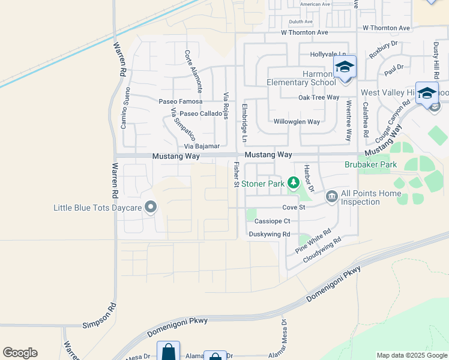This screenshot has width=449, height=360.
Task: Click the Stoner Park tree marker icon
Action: pos(294,183)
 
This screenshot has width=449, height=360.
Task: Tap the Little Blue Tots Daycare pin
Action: pos(151,208)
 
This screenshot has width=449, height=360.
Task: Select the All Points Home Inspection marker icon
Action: pos(331,196)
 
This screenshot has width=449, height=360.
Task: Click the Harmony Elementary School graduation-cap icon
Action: pos(345,67)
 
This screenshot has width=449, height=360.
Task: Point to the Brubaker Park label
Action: pos(371,164)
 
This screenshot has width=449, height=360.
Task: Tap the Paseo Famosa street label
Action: pos(180,102)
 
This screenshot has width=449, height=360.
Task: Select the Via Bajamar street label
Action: pos(202,146)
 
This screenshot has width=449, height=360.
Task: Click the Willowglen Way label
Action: pos(297,122)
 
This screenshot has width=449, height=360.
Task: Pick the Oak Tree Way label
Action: pos(319,97)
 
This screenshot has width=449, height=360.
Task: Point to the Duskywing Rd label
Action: pos(270,234)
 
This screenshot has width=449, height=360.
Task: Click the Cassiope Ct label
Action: pos(273,221)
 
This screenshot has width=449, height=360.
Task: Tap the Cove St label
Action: pos(294,208)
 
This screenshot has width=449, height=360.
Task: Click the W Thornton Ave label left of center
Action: pos(304,32)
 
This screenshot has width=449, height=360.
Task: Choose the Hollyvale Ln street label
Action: pos(328,55)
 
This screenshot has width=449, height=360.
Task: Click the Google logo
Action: pos(20,353)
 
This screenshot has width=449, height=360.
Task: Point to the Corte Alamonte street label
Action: pos(193,70)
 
